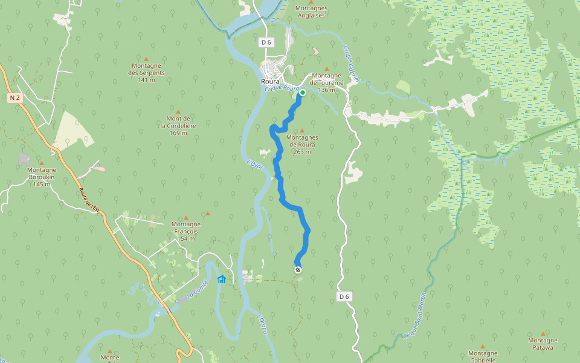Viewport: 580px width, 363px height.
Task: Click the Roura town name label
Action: (269, 82)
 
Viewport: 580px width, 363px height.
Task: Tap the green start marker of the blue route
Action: (302, 93)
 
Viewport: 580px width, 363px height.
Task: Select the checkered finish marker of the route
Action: (297, 269)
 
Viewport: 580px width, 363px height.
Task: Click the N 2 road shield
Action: (16, 97)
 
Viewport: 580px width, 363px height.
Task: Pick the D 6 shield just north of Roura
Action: (266, 42)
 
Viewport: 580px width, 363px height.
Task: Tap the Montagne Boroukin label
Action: (42, 177)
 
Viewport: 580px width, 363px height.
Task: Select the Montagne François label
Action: (185, 231)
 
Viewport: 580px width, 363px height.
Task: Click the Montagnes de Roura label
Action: (303, 144)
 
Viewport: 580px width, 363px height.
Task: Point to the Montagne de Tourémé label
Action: (327, 82)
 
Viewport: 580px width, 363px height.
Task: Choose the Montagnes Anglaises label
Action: (311, 12)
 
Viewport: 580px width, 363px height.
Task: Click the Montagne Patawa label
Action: (543, 344)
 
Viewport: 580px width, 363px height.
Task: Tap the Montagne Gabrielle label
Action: (483, 356)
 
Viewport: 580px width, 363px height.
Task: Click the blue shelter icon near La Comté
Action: (222, 279)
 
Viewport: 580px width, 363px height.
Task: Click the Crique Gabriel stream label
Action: (351, 64)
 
